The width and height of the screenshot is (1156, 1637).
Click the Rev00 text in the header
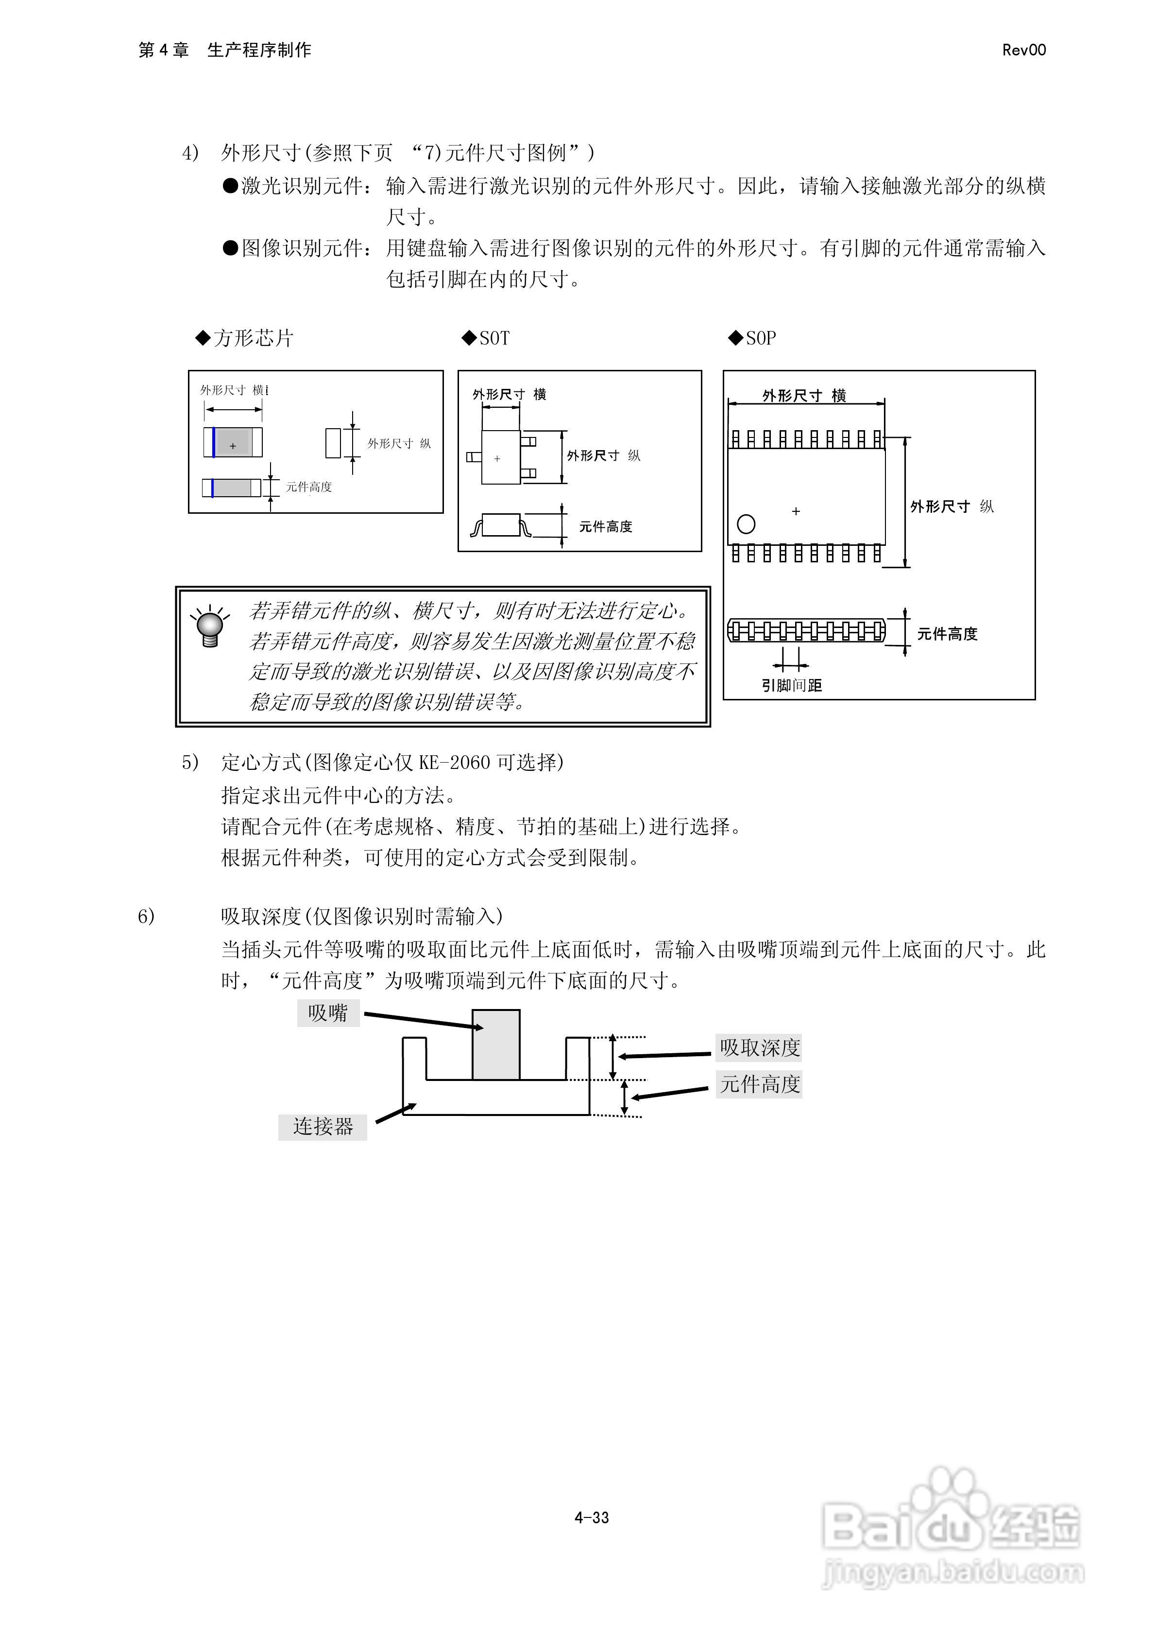tap(1023, 50)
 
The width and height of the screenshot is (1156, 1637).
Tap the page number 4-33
tap(592, 1517)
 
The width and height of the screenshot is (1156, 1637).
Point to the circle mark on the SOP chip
tap(746, 524)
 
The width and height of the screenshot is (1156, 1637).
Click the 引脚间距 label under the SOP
tap(791, 685)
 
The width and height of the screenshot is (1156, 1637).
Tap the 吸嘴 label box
tap(328, 1013)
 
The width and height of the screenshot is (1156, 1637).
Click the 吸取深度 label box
tap(759, 1047)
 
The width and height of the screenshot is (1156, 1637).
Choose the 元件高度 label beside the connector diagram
tap(759, 1084)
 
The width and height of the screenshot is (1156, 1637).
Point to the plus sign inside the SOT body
tap(497, 458)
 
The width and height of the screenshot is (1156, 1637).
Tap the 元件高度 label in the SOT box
tap(605, 527)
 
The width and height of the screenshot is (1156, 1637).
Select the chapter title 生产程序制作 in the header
tap(259, 50)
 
